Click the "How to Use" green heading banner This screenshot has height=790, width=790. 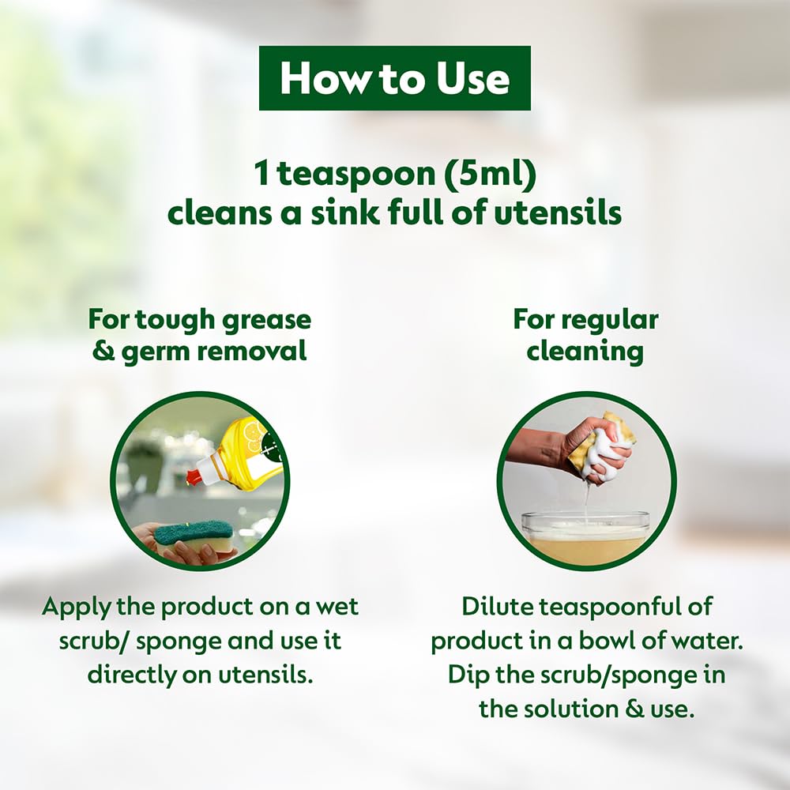coord(394,79)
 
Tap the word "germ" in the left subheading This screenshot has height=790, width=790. coord(153,352)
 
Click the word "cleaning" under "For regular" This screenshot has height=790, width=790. coord(585,352)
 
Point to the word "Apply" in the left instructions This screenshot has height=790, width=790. coord(74,607)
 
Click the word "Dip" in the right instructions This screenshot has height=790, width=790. coord(468,675)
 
